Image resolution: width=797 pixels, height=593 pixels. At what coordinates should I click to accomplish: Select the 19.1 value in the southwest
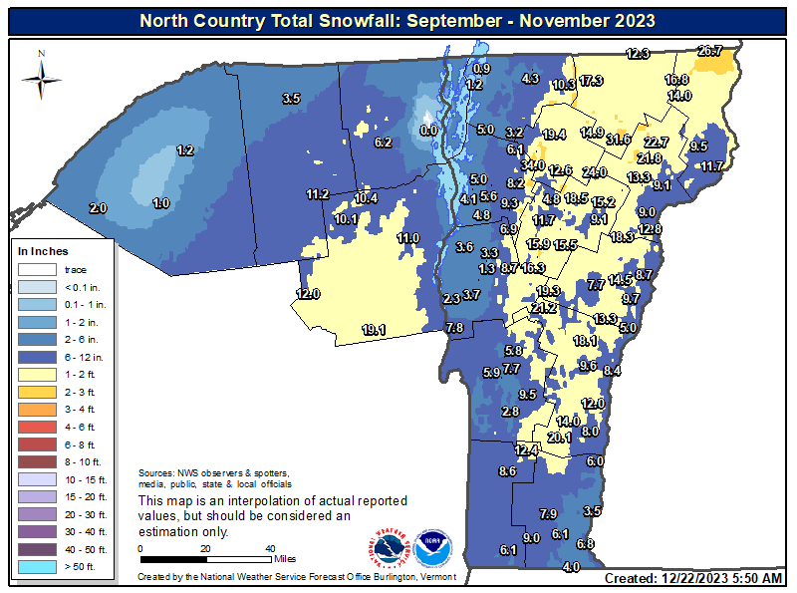click(374, 330)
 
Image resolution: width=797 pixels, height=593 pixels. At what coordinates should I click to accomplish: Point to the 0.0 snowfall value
click(429, 130)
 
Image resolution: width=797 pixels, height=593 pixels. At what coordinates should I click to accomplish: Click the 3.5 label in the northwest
click(292, 99)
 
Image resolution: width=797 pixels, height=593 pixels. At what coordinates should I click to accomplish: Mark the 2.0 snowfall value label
click(98, 208)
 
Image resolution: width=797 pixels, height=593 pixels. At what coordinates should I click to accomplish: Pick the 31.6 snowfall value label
click(618, 140)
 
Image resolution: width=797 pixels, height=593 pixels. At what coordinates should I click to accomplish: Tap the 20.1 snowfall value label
click(559, 437)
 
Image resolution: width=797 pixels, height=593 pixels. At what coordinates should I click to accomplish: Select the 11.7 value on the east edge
click(711, 165)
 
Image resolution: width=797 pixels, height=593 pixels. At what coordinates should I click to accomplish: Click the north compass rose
click(41, 75)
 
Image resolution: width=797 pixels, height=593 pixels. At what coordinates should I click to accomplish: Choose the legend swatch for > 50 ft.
click(38, 567)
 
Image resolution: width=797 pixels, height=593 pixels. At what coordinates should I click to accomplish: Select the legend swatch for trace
click(38, 269)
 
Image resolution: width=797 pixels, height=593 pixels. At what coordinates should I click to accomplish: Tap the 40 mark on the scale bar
click(270, 548)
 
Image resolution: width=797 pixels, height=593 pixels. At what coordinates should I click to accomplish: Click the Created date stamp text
click(694, 579)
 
